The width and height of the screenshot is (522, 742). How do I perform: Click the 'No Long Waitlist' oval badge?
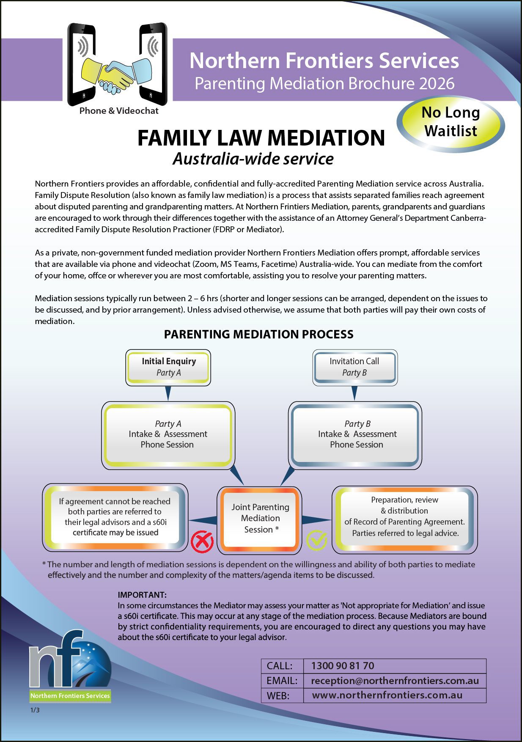451,122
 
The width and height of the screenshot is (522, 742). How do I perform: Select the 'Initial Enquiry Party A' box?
168,367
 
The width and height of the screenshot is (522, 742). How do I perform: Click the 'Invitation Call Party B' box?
354,367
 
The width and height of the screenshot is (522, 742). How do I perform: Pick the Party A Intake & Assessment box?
168,434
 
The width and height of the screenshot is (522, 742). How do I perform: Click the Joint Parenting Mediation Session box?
259,519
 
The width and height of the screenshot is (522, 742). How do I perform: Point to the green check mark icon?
316,540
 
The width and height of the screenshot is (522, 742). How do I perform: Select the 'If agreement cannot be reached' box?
115,517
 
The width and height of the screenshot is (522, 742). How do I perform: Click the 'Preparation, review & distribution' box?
404,517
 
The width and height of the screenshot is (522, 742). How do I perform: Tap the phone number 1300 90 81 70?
343,666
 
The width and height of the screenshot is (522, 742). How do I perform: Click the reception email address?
395,681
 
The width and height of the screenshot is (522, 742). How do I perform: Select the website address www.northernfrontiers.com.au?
387,695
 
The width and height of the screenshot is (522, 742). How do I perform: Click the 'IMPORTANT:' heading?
142,595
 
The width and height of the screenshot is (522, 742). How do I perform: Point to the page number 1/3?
35,710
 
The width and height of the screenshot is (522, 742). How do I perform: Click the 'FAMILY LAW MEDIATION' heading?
261,138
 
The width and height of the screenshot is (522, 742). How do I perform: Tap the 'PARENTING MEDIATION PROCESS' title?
258,334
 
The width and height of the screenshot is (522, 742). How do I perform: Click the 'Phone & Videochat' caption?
119,111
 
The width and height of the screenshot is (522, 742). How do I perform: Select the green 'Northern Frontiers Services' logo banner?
70,695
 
